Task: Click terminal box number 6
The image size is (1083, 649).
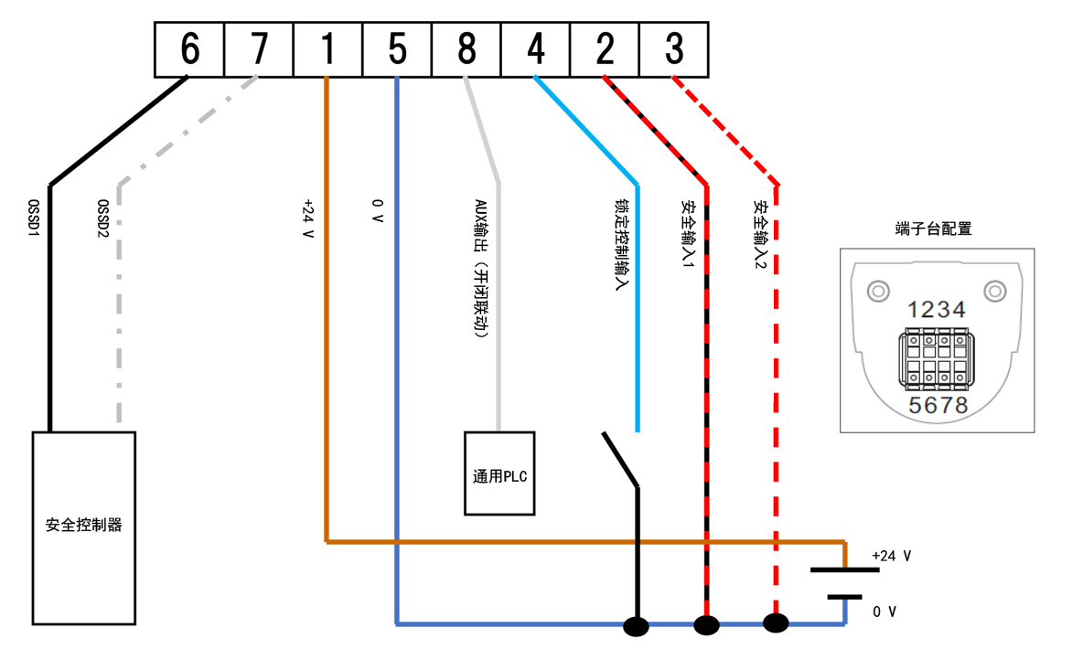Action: [x=189, y=50]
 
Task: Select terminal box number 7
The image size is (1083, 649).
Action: [x=259, y=50]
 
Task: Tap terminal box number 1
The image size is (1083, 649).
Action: [x=328, y=50]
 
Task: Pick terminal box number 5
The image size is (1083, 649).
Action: [x=398, y=50]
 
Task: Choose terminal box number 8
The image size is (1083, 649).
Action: [x=466, y=50]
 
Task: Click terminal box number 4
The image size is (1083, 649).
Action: [x=536, y=50]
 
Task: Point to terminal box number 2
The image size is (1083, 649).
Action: [x=605, y=50]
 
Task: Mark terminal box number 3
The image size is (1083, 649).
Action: [x=674, y=50]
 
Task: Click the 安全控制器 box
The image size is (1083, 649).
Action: [x=84, y=527]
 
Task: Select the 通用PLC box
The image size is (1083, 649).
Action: [x=499, y=473]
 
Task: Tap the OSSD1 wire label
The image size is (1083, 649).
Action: [x=34, y=218]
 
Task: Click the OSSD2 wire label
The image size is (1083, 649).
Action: [x=103, y=218]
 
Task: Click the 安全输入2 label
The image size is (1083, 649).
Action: [x=759, y=235]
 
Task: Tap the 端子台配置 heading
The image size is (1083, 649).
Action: [x=933, y=229]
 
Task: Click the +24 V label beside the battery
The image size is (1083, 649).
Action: [x=892, y=556]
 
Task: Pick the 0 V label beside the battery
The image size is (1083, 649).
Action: [x=885, y=612]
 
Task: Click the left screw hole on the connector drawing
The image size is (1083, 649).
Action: [x=878, y=292]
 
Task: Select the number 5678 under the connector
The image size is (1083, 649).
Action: [x=938, y=405]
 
